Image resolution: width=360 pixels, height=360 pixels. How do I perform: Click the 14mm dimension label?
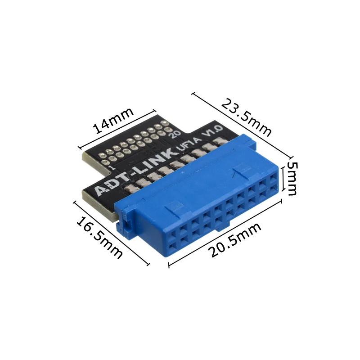point(113,121)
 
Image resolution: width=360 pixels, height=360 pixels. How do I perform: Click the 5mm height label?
point(292,179)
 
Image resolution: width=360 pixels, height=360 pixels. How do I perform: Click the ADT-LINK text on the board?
point(135,173)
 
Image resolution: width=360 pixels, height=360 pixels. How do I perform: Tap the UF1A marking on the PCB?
point(189,146)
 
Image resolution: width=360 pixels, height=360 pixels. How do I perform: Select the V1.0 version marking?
point(212,134)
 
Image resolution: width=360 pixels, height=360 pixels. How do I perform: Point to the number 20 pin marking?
point(174,134)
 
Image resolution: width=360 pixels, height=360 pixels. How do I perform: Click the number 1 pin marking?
point(110,167)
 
